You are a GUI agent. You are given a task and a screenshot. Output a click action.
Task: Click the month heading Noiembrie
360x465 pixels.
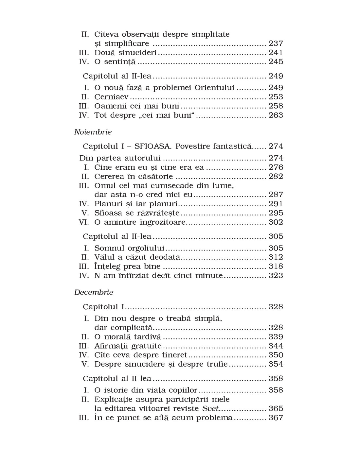pos(93,132)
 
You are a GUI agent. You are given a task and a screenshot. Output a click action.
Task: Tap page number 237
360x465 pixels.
pos(276,43)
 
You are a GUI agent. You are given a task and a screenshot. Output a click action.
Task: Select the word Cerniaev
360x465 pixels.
pos(111,97)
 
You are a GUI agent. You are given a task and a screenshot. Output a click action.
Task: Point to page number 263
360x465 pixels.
pos(276,115)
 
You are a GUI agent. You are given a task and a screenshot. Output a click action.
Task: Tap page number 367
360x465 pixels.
pos(276,418)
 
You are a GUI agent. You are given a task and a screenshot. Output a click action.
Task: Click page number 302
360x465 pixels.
pos(276,222)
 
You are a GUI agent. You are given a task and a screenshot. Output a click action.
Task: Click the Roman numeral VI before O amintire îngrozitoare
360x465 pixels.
pos(84,222)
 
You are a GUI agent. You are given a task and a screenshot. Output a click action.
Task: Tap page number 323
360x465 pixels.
pos(276,275)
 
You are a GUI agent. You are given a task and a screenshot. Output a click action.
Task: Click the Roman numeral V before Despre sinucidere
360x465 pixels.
pos(87,364)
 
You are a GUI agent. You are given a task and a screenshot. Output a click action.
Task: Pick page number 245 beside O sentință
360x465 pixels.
pos(276,61)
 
